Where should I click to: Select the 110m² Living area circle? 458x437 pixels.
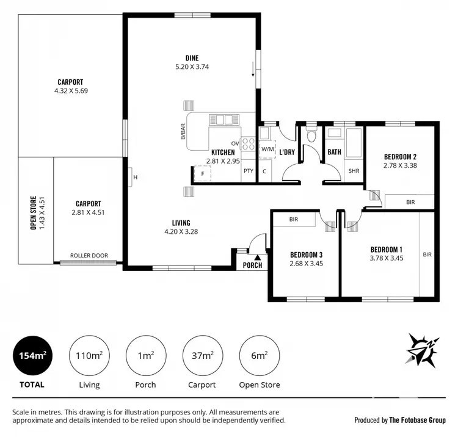pos(89,356)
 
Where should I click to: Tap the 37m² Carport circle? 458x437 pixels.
pos(202,356)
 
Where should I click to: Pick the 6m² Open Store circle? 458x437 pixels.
pos(260,356)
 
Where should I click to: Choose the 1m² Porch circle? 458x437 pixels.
pos(145,356)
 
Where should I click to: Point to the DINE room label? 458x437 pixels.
pos(192,59)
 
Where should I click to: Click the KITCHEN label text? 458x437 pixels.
pos(223,152)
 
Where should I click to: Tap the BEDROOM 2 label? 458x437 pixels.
pos(400,156)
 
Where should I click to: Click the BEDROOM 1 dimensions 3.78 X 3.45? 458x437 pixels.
pos(386,259)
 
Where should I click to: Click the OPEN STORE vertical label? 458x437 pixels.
pos(34,212)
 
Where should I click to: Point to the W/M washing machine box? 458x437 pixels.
pos(267,149)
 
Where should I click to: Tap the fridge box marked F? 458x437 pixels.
pos(202,174)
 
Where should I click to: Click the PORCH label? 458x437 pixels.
pos(252,265)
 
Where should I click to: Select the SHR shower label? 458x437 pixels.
pos(354,171)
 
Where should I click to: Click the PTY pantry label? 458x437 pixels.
pos(248,171)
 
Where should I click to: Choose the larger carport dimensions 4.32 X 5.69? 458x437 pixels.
pos(70,91)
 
